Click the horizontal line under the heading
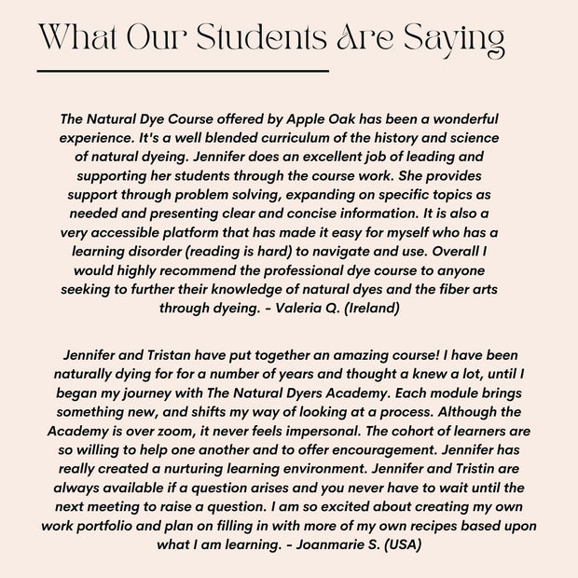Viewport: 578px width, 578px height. (x=183, y=70)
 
